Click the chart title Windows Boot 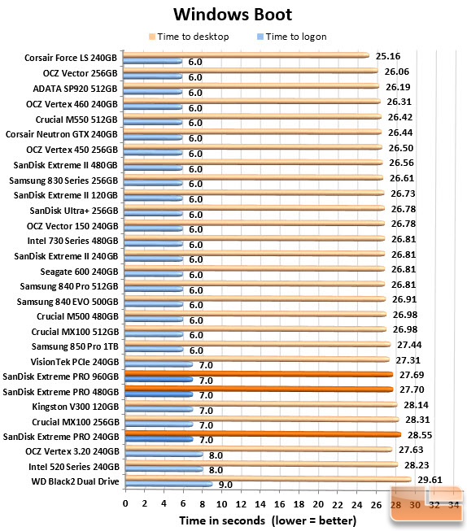tap(233, 15)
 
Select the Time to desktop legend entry tap(189, 37)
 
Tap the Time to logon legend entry tap(292, 37)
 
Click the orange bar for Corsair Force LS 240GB tap(246, 55)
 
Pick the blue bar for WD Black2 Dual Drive tap(168, 485)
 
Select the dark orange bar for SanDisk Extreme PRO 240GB tap(263, 434)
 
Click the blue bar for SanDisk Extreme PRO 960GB tap(159, 380)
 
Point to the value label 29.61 tap(430, 480)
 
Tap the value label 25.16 tap(388, 56)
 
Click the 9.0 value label tap(225, 485)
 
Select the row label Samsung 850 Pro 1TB tap(75, 346)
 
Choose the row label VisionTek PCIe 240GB tap(75, 362)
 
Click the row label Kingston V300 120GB tap(76, 407)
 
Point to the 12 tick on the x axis tap(241, 504)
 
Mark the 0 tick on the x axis tap(125, 504)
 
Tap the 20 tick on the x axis tap(318, 505)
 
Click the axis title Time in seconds tap(222, 520)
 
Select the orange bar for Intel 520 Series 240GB tap(261, 464)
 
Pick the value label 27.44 tap(409, 345)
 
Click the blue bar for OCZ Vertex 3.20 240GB tap(164, 454)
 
